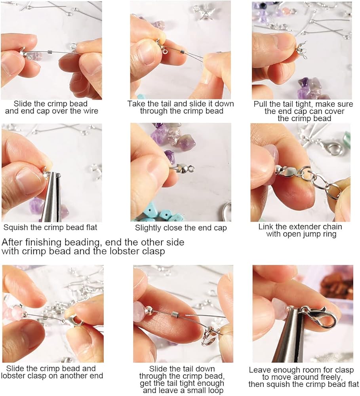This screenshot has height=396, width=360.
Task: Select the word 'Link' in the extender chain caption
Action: click(x=266, y=227)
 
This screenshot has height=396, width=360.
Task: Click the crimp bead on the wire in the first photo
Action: click(x=50, y=52)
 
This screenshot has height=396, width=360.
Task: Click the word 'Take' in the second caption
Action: click(x=136, y=104)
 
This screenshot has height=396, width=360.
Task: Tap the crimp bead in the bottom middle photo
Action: click(x=175, y=315)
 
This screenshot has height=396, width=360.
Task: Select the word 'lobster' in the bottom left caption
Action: click(x=14, y=375)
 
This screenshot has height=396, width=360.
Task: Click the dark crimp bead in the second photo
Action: click(x=183, y=51)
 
